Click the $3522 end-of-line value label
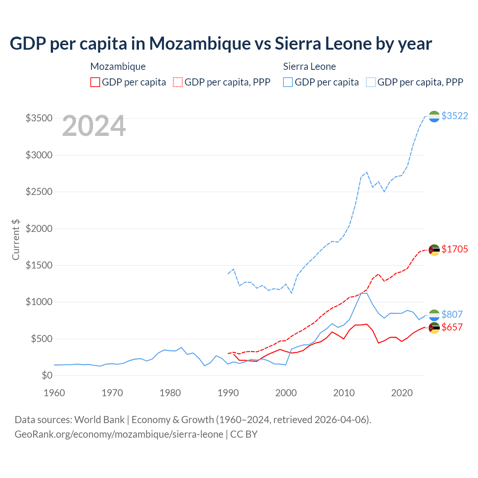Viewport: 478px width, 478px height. coord(454,116)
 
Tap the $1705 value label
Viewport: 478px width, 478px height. coord(454,249)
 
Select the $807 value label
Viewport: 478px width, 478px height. coord(452,314)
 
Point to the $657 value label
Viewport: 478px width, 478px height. coord(452,327)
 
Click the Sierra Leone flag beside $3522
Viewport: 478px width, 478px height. coord(434,117)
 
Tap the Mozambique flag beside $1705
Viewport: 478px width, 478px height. coord(434,250)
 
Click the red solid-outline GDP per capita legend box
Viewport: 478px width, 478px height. coord(95,82)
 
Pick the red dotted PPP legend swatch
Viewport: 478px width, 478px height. coord(178,82)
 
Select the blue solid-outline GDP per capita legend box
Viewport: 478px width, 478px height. coord(288,82)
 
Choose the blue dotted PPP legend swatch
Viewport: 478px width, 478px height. coord(371,82)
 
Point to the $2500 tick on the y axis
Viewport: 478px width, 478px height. coord(39,192)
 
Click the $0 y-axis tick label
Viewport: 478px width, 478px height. coord(47,375)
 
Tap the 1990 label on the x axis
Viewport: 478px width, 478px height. coord(228,393)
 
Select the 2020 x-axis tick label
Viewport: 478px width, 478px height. coord(402,393)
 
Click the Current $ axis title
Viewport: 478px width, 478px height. coord(16,240)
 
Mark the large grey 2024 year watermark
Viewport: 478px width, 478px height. coord(94,126)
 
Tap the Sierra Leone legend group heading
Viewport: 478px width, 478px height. coord(309,66)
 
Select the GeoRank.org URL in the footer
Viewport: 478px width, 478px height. coord(119,434)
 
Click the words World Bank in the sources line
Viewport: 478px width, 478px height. coord(99,420)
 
